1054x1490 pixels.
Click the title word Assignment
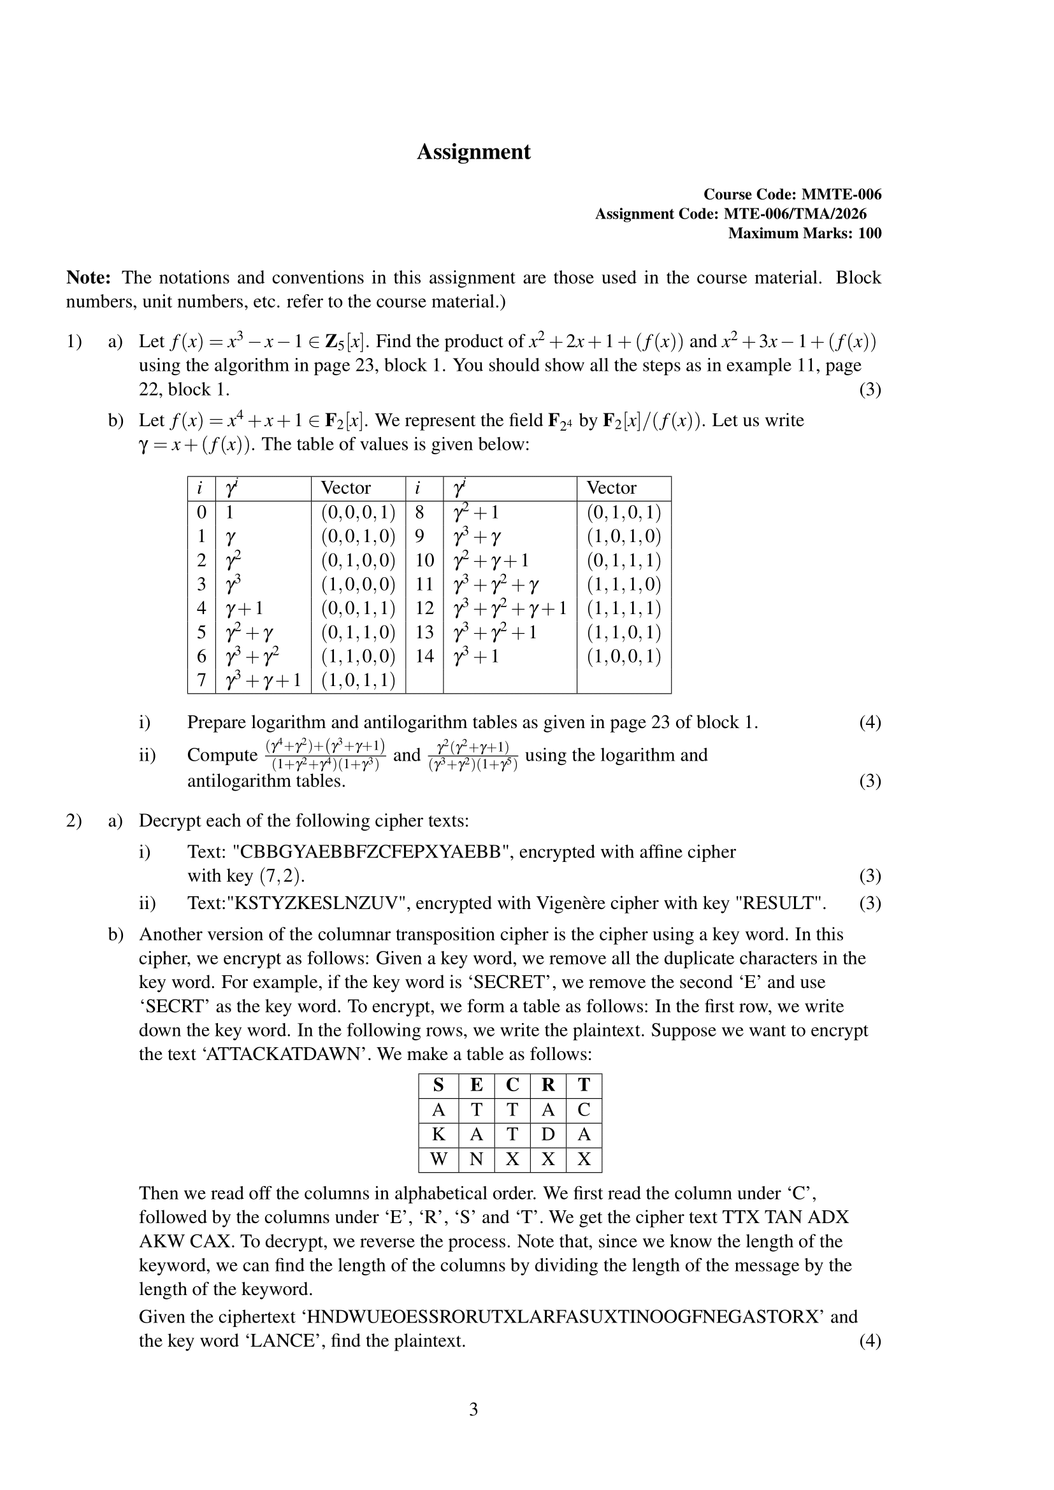pos(473,152)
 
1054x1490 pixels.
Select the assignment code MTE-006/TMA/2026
pos(795,214)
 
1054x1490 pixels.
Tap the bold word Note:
pos(89,278)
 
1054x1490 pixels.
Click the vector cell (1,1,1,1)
pos(624,608)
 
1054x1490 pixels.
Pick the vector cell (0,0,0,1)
pos(358,513)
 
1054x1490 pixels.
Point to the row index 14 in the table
pos(424,656)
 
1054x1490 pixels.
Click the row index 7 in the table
pos(201,680)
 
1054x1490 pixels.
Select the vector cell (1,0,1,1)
pos(358,680)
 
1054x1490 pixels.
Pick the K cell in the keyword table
pos(438,1135)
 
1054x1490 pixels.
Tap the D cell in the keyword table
pos(548,1135)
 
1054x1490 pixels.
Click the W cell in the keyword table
pos(438,1159)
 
